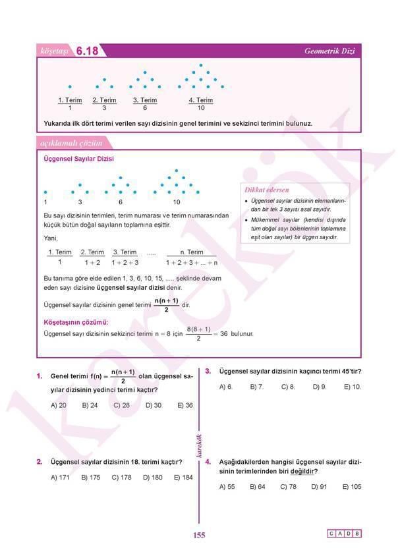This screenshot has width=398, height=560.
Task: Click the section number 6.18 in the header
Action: click(x=87, y=51)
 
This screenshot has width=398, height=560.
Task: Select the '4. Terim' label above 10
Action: click(x=200, y=100)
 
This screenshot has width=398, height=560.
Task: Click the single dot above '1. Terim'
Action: click(x=70, y=86)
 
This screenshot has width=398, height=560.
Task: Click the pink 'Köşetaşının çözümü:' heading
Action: click(x=75, y=323)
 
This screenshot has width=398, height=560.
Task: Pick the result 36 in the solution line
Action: click(x=223, y=334)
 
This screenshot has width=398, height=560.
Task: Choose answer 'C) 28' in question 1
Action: click(x=121, y=405)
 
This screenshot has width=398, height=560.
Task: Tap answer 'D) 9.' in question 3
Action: click(x=320, y=387)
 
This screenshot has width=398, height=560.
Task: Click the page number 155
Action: click(x=199, y=535)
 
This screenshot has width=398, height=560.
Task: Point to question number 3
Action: click(x=208, y=371)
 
